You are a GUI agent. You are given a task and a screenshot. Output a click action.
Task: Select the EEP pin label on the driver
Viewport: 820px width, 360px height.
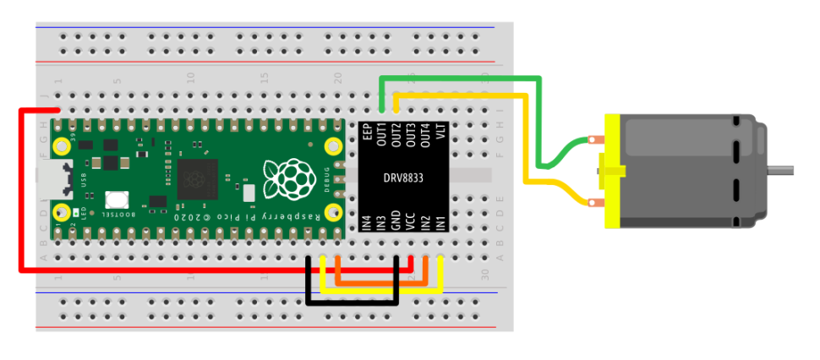(367, 132)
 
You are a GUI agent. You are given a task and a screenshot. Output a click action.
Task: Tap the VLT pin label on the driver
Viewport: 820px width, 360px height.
(440, 132)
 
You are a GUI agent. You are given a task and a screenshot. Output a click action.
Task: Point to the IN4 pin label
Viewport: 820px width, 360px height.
(367, 223)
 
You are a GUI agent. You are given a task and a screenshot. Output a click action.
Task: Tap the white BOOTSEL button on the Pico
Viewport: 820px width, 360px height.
(117, 201)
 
